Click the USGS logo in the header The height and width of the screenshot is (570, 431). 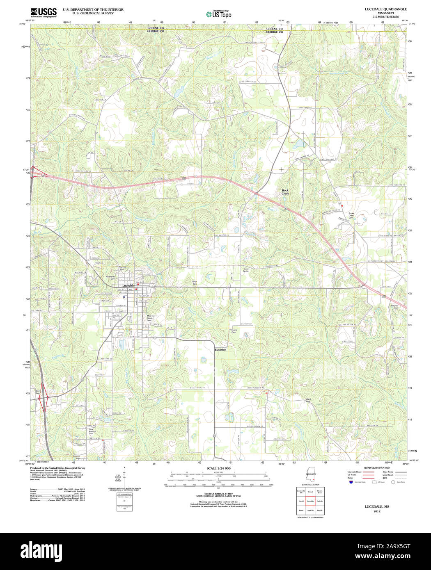pyautogui.click(x=44, y=12)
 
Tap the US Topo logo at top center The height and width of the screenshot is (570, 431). pyautogui.click(x=219, y=14)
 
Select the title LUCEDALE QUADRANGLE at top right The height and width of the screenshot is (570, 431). pyautogui.click(x=380, y=9)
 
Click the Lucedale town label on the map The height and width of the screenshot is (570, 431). pyautogui.click(x=128, y=285)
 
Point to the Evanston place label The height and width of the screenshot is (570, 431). pyautogui.click(x=220, y=350)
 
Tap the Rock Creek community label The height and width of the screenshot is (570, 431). pyautogui.click(x=285, y=192)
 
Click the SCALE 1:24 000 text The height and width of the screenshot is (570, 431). pyautogui.click(x=218, y=468)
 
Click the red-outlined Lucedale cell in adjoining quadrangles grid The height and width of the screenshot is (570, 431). pyautogui.click(x=310, y=501)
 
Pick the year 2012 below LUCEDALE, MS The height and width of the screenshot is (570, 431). pyautogui.click(x=377, y=511)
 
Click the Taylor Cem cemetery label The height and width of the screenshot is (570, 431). pyautogui.click(x=195, y=283)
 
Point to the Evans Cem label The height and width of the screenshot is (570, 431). pyautogui.click(x=234, y=331)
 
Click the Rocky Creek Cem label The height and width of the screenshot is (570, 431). pyautogui.click(x=351, y=215)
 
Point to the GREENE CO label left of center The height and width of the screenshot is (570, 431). pyautogui.click(x=156, y=28)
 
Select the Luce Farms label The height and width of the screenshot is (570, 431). pyautogui.click(x=245, y=270)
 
